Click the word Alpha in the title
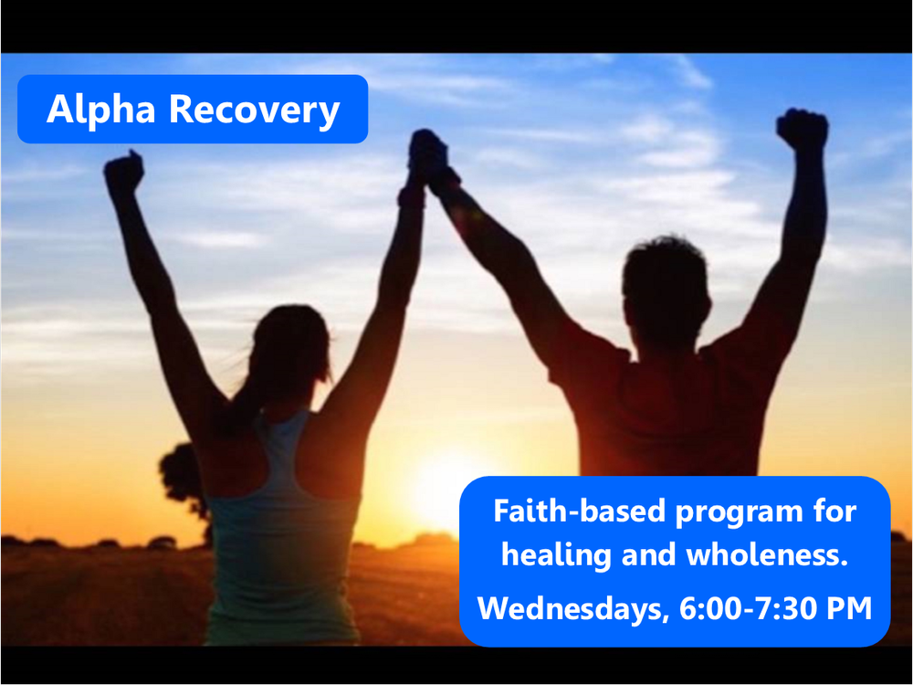pyautogui.click(x=102, y=110)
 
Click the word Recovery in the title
pyautogui.click(x=254, y=110)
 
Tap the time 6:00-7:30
pyautogui.click(x=748, y=609)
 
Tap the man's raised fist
pyautogui.click(x=803, y=130)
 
